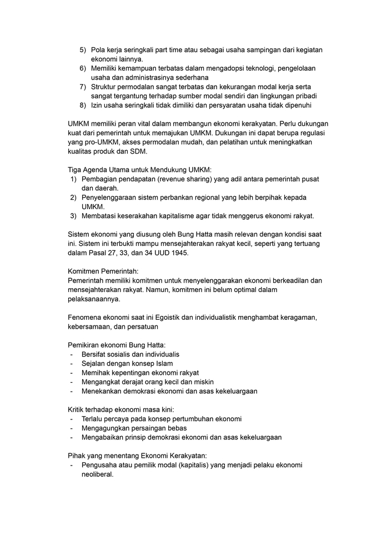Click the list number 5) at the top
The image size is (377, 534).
click(x=83, y=50)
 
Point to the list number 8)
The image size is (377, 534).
click(x=83, y=105)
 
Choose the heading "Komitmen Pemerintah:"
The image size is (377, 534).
click(x=99, y=271)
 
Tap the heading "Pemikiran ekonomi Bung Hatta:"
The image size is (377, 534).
click(x=117, y=345)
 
